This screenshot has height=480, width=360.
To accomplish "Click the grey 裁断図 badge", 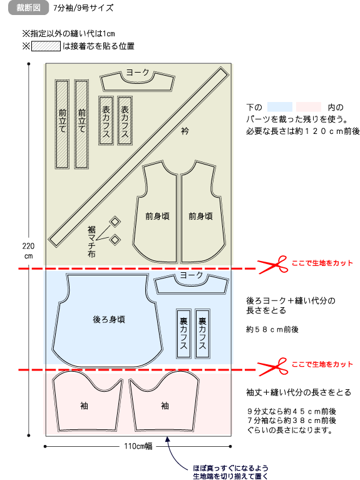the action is tap(28, 8).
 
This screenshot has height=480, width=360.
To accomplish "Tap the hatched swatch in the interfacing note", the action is tap(46, 46).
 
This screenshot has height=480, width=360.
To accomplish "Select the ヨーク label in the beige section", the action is tap(138, 72).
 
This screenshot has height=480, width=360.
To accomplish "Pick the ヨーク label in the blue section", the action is tap(192, 275).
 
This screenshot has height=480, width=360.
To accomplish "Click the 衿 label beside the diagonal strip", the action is tap(185, 131).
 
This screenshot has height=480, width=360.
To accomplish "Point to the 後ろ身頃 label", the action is tap(109, 320).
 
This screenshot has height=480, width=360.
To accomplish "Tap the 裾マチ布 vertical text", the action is tap(91, 242).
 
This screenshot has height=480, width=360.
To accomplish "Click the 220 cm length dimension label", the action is tap(29, 251).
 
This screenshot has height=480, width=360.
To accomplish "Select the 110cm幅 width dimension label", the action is tap(138, 446).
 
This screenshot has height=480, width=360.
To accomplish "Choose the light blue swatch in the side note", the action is tap(280, 107).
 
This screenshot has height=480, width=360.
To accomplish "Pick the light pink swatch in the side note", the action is tap(309, 107).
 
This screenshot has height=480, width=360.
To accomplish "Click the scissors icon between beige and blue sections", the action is tap(273, 265).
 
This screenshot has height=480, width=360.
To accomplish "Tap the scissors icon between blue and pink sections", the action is tap(273, 367).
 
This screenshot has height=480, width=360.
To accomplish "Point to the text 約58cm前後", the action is tap(272, 329).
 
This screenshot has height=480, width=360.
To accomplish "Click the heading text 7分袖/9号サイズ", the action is tap(83, 8).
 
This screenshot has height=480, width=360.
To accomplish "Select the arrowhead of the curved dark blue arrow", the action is tap(167, 439).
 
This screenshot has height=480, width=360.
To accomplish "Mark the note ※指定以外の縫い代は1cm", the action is tap(69, 33).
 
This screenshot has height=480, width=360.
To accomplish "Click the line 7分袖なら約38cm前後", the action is tap(291, 421).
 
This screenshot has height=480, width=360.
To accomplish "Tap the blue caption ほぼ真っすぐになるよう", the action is tap(230, 468).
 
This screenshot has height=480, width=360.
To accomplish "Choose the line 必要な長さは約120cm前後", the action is tap(302, 131).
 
